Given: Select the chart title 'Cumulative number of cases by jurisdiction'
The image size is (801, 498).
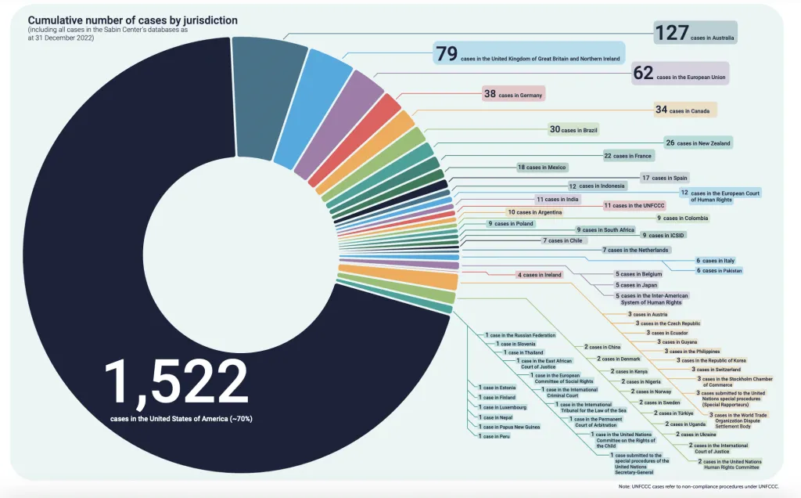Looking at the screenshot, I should click(133, 19).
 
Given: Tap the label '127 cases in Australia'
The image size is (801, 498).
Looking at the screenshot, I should click(696, 34).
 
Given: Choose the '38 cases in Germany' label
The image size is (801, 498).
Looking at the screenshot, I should click(513, 94).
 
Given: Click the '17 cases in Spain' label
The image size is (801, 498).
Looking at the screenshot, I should click(664, 178).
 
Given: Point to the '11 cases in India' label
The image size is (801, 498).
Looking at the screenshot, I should click(557, 200).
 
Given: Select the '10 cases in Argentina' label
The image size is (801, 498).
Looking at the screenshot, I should click(534, 212).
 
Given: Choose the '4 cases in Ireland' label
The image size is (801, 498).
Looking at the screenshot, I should click(540, 275).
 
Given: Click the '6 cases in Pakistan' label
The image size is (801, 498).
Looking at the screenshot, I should click(718, 270).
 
